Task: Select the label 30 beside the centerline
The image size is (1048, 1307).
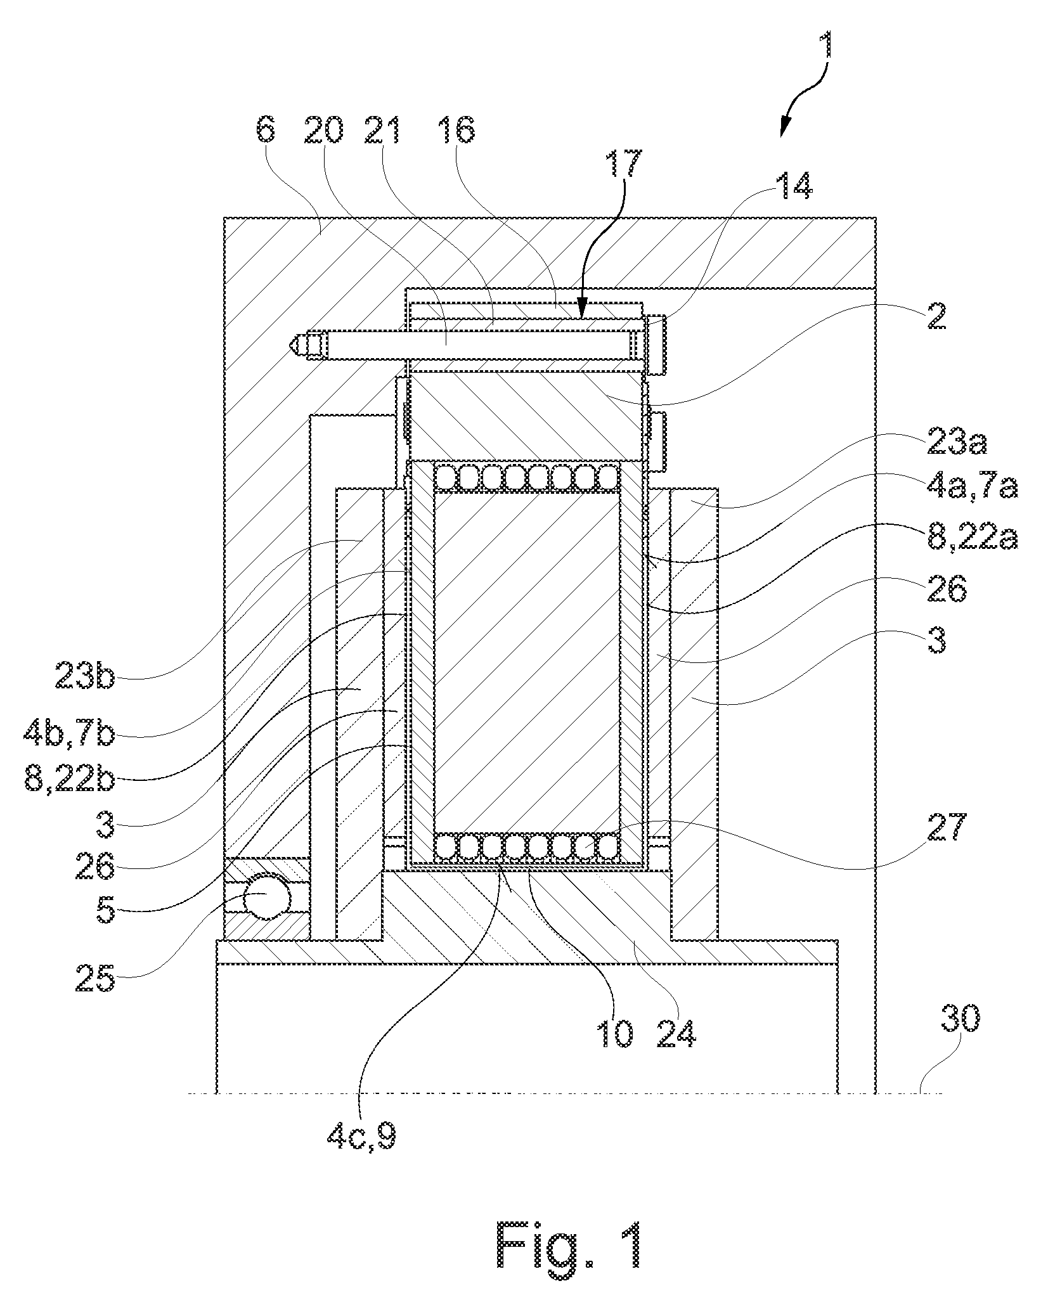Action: pos(959,1019)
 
